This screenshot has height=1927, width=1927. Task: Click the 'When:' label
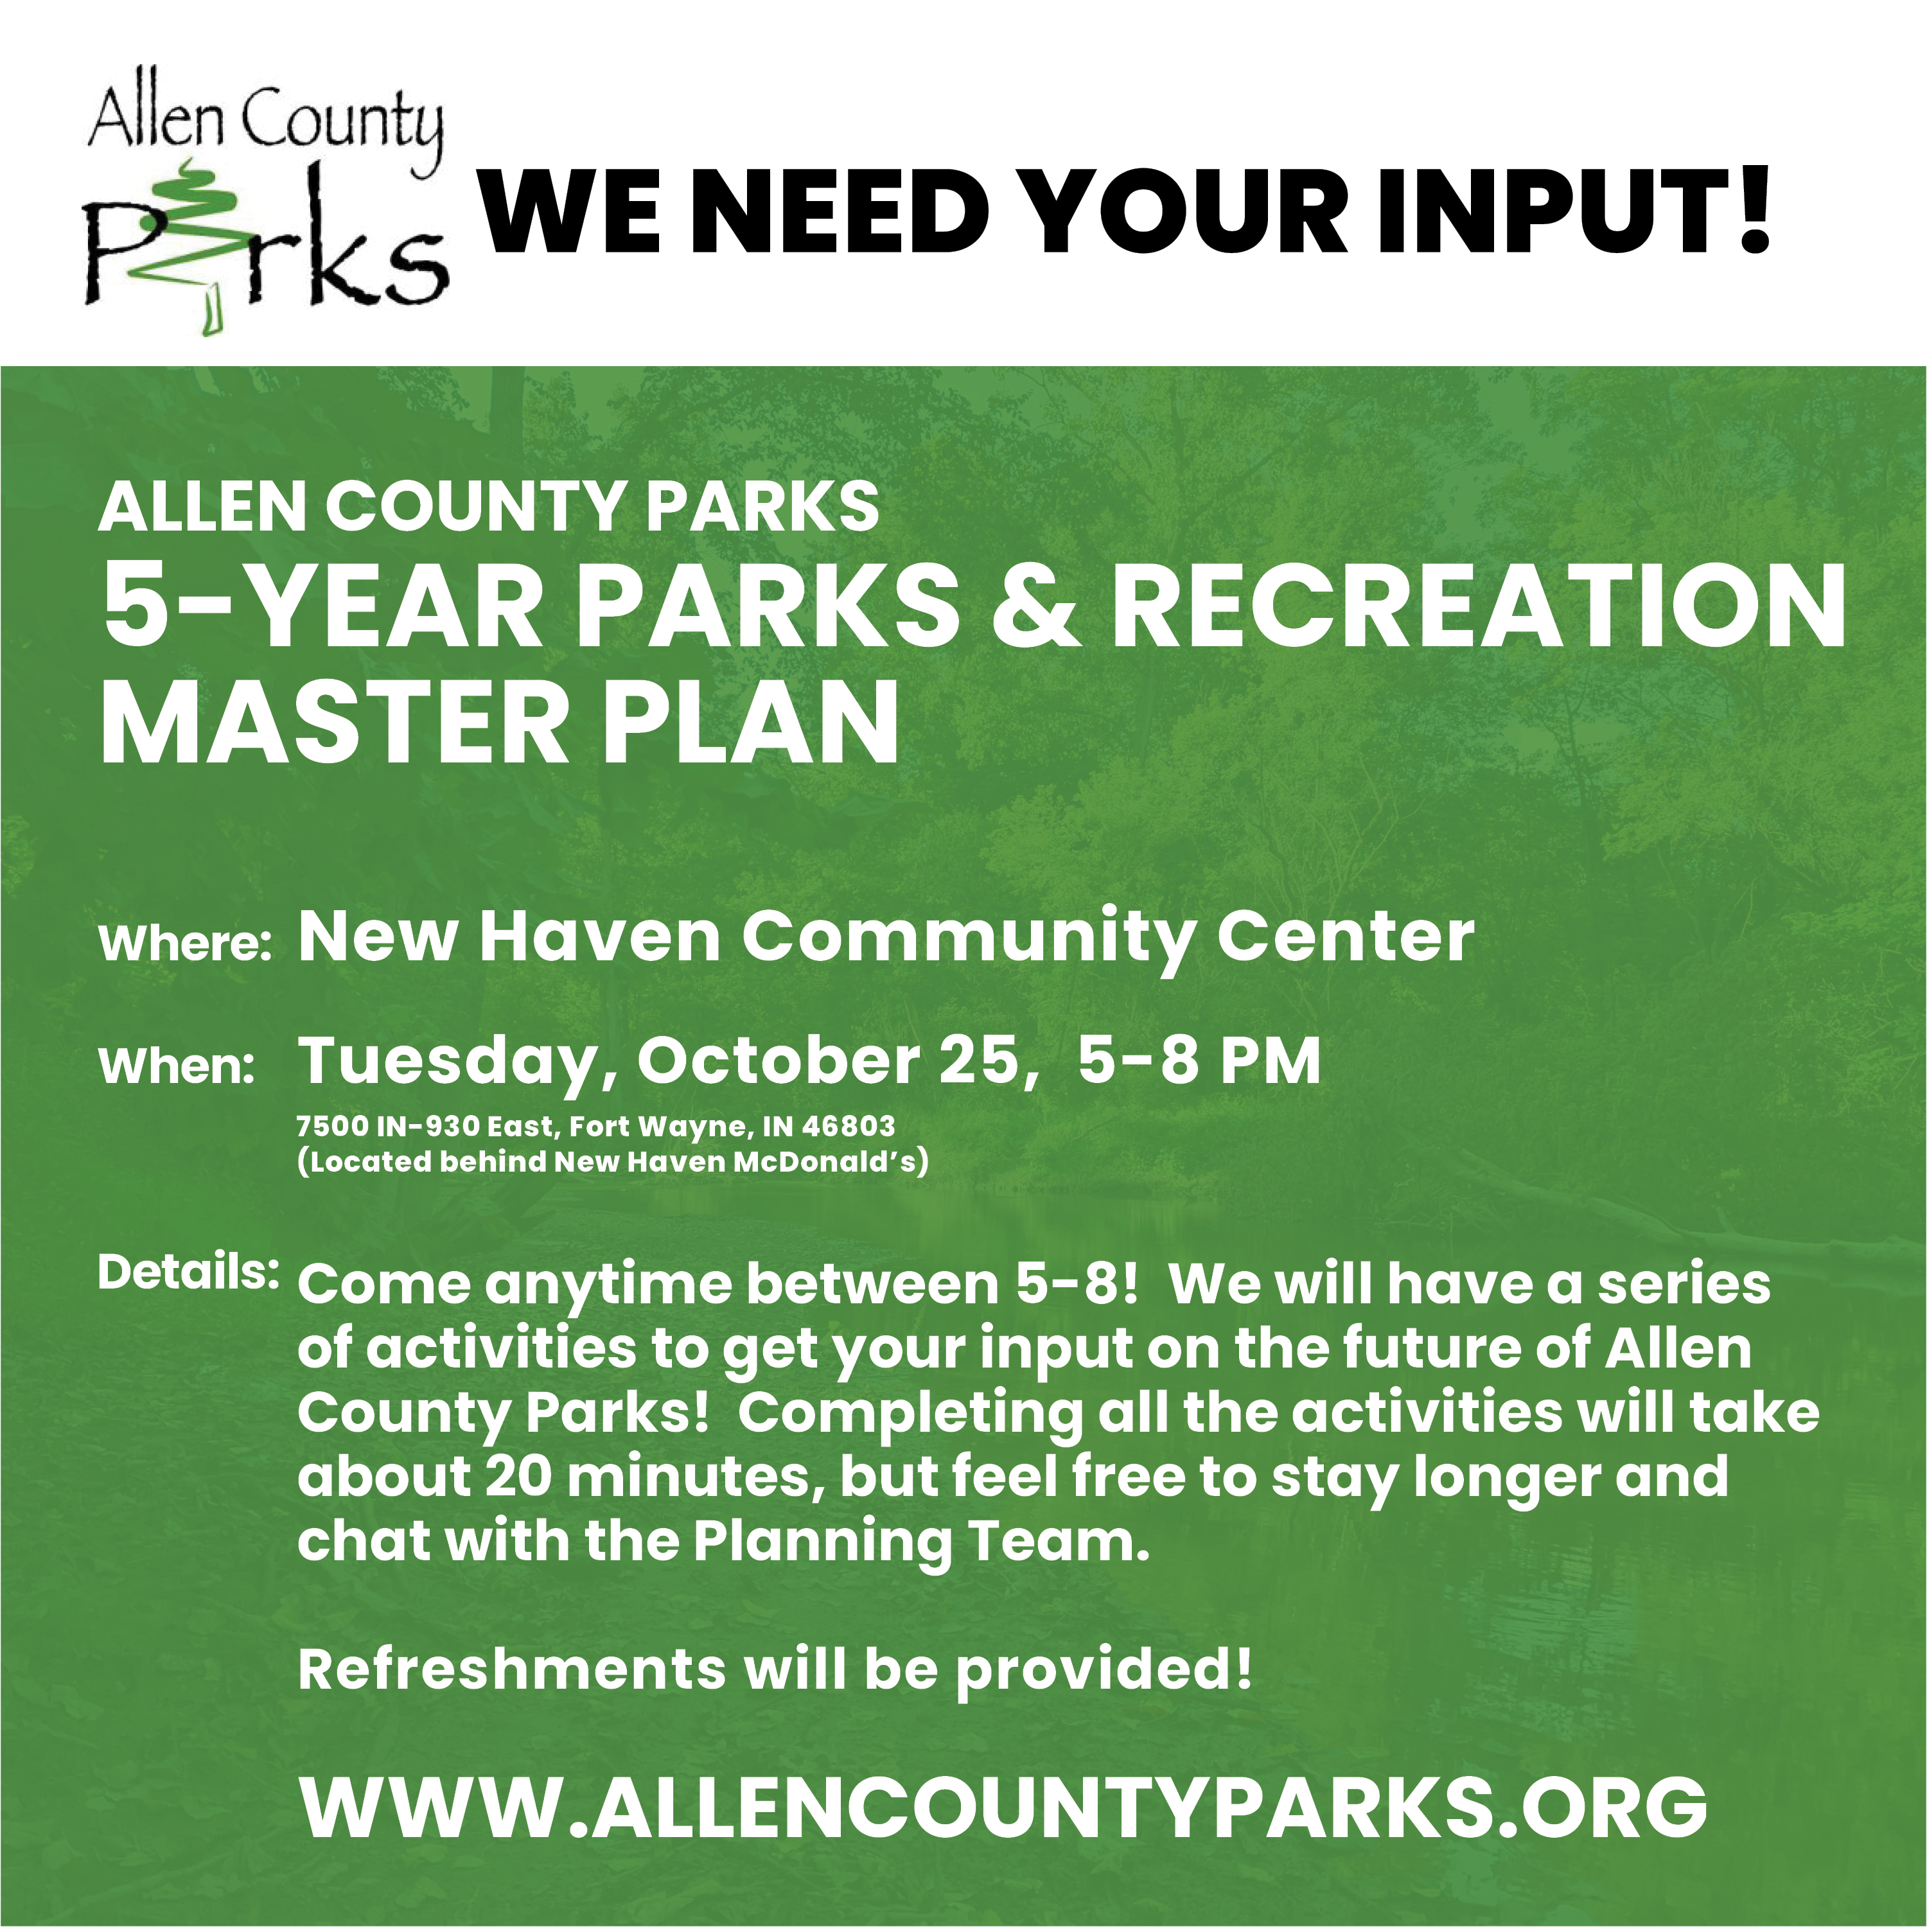point(177,1066)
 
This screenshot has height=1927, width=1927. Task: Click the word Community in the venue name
point(967,940)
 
